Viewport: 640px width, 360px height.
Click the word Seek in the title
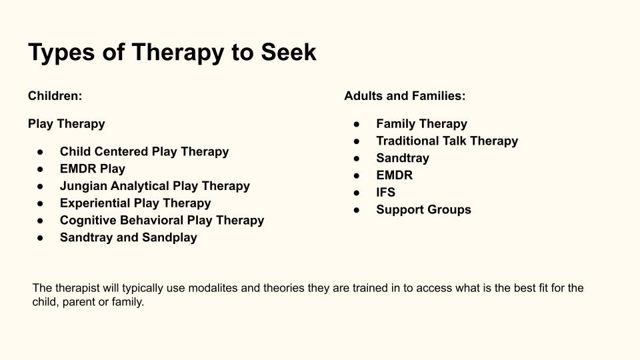pyautogui.click(x=289, y=52)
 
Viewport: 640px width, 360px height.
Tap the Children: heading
pyautogui.click(x=55, y=96)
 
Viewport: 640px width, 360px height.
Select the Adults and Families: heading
pyautogui.click(x=405, y=96)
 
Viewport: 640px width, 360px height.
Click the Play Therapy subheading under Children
pyautogui.click(x=67, y=124)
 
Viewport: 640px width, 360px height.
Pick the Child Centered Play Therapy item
pyautogui.click(x=145, y=151)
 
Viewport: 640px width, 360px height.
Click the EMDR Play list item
pyautogui.click(x=93, y=169)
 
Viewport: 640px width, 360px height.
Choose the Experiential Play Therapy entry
pyautogui.click(x=135, y=203)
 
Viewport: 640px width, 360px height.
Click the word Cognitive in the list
pyautogui.click(x=88, y=221)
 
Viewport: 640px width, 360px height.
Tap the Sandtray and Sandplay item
pyautogui.click(x=129, y=237)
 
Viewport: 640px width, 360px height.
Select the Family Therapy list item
pyautogui.click(x=421, y=124)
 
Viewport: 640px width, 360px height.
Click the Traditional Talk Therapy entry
pyautogui.click(x=447, y=141)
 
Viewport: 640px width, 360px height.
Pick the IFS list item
pyautogui.click(x=386, y=192)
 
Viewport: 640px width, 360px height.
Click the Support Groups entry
pyautogui.click(x=424, y=210)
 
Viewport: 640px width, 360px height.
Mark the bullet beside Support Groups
pyautogui.click(x=357, y=210)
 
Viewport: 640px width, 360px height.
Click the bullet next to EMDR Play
pyautogui.click(x=40, y=169)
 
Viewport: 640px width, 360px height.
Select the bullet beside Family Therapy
pyautogui.click(x=357, y=124)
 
